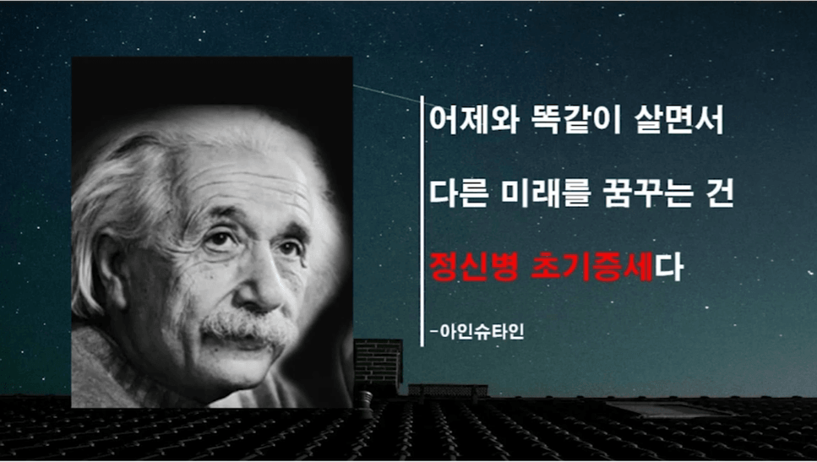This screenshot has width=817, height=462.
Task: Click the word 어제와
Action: pyautogui.click(x=474, y=120)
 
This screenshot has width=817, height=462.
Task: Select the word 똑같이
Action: pyautogui.click(x=575, y=120)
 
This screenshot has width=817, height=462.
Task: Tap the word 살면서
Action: pyautogui.click(x=679, y=120)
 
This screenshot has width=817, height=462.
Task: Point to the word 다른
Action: pyautogui.click(x=459, y=193)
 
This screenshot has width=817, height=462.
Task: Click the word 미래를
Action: pyautogui.click(x=547, y=193)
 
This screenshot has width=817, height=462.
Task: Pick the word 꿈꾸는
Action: pyautogui.click(x=649, y=193)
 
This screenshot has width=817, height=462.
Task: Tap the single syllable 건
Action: pyautogui.click(x=720, y=193)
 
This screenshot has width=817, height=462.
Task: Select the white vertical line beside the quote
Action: pyautogui.click(x=422, y=220)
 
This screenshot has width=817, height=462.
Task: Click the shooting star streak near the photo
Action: pyautogui.click(x=387, y=92)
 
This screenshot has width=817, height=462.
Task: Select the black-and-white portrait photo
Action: pyautogui.click(x=212, y=232)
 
